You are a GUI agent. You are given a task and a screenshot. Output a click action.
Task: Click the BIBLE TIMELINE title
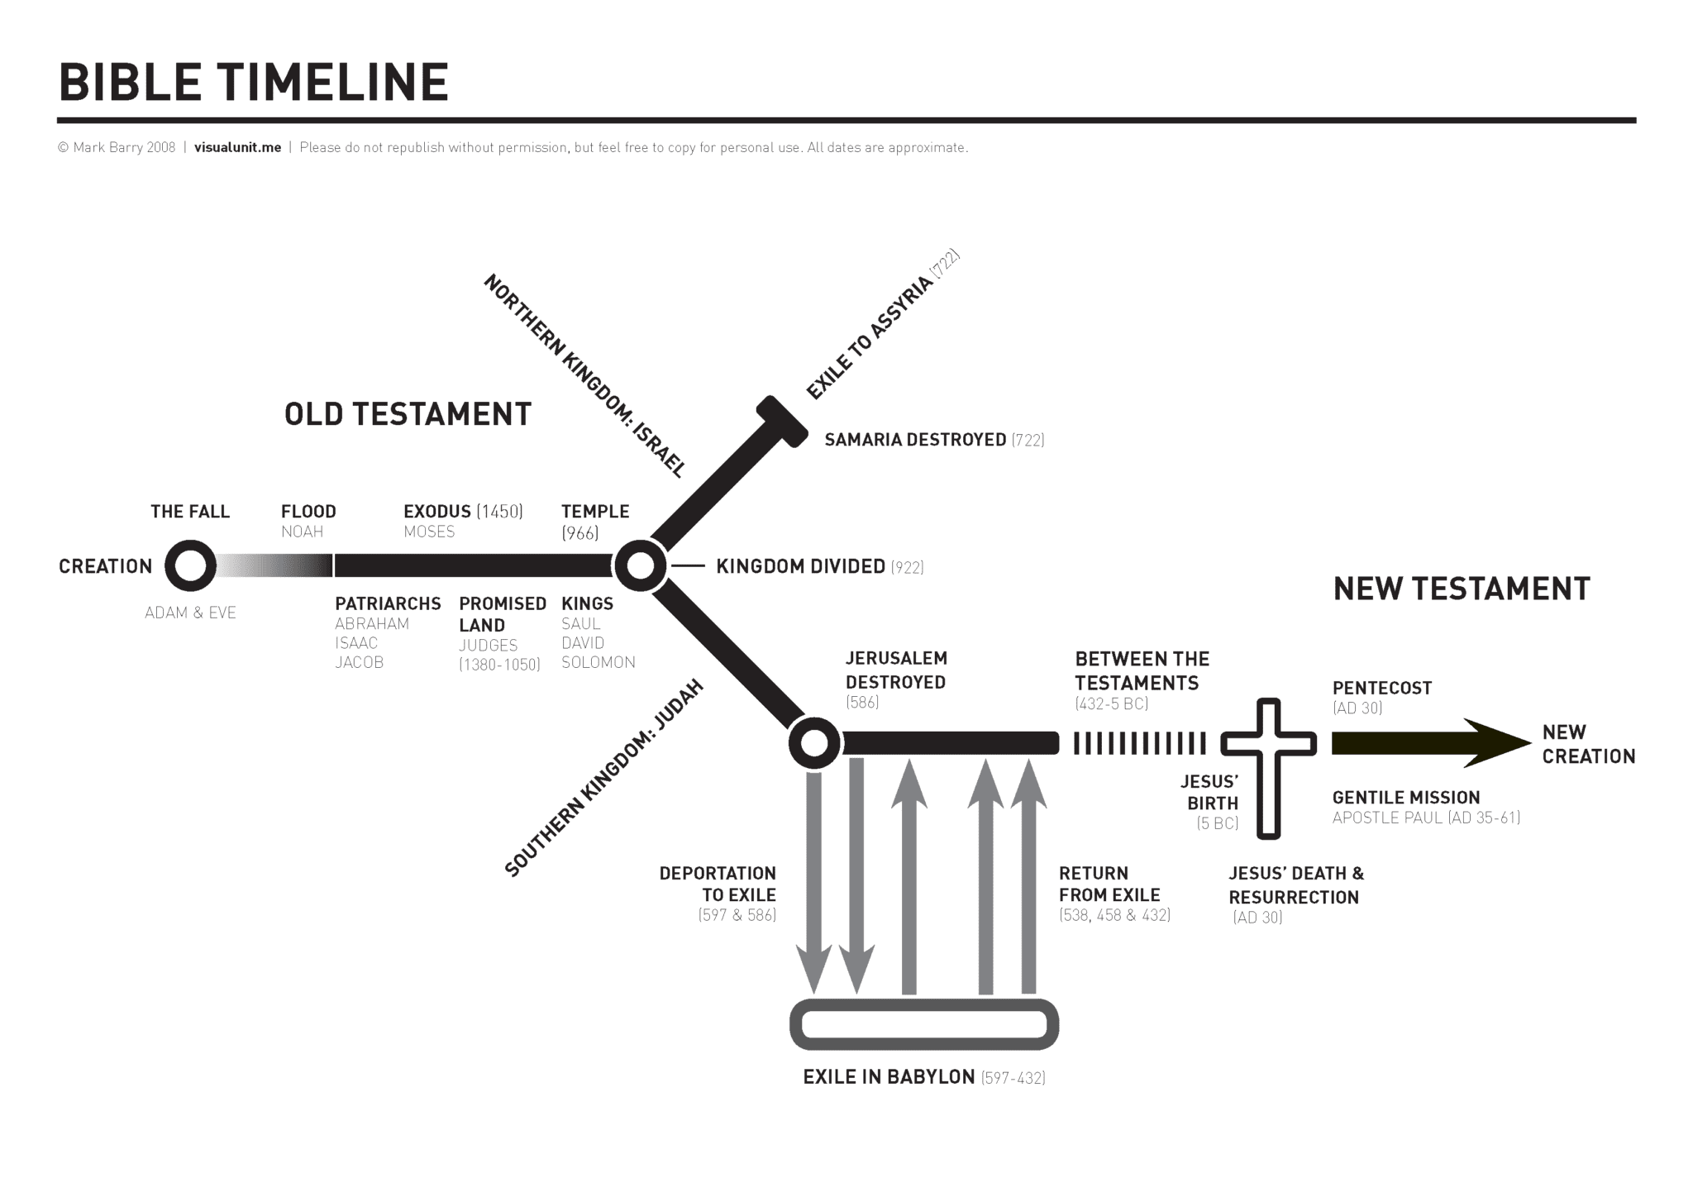253,83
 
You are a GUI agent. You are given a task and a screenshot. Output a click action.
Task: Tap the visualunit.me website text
237,148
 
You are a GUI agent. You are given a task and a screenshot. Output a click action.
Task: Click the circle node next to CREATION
190,566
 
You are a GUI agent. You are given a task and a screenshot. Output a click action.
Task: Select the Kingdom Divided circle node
640,566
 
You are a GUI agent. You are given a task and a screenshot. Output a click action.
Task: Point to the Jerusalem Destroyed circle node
814,743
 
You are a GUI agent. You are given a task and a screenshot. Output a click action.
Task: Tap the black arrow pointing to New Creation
1430,743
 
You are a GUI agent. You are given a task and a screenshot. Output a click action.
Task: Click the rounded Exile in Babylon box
924,1025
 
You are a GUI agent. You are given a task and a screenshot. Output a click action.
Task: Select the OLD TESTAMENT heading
408,414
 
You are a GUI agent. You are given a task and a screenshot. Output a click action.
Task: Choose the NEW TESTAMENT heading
1462,589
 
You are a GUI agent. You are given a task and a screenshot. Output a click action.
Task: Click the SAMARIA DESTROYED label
915,440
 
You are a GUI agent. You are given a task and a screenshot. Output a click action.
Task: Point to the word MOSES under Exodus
429,532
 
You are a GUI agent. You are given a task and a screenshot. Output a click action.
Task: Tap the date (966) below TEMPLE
579,533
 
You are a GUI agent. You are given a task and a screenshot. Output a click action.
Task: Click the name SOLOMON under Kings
599,662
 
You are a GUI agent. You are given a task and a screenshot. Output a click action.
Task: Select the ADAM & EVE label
190,613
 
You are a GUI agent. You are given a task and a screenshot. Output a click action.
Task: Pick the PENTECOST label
1382,688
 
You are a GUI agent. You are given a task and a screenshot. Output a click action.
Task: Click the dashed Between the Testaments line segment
1140,743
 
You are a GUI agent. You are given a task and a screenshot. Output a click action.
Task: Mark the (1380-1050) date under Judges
499,665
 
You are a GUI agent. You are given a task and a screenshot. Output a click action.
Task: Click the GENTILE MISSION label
1406,798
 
